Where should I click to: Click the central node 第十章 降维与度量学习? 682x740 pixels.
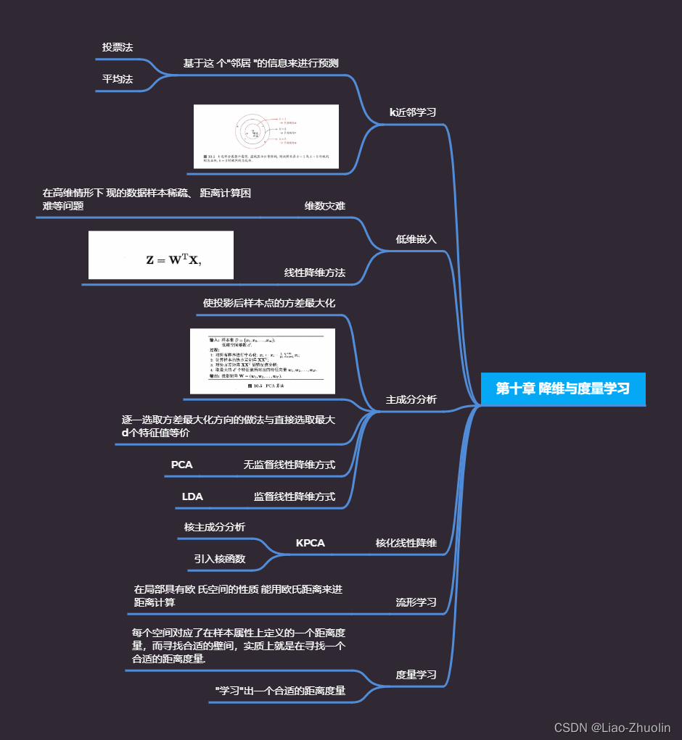562,388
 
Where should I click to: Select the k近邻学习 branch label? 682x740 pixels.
413,112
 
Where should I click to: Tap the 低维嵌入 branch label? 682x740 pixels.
416,239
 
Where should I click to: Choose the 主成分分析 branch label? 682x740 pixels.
411,399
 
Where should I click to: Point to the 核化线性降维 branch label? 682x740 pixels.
406,543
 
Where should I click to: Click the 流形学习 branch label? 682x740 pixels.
416,602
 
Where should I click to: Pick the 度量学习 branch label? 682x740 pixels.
416,675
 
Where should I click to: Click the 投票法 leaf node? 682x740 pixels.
118,47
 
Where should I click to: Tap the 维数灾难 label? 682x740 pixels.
324,206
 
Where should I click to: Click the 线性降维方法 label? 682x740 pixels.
314,273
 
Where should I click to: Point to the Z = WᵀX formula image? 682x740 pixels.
161,255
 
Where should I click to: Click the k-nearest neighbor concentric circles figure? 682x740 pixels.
266,137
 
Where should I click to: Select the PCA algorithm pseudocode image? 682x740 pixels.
262,361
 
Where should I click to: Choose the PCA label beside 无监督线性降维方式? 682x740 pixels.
181,465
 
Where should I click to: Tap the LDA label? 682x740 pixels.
192,497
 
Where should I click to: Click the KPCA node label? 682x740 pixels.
310,543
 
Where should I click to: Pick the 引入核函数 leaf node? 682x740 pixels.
219,559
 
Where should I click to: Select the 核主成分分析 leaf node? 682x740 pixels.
214,527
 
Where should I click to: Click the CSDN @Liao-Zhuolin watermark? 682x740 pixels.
612,728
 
